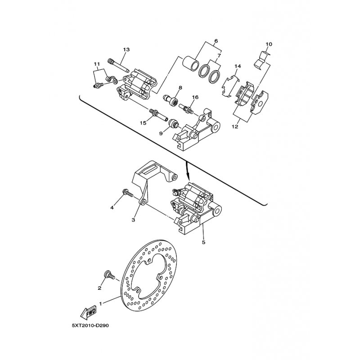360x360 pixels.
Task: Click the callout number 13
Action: [126, 49]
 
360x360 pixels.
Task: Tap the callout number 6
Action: [216, 41]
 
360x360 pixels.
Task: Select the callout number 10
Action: [269, 44]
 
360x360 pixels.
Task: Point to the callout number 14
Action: [238, 67]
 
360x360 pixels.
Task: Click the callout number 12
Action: [235, 127]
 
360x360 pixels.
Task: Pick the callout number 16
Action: [195, 97]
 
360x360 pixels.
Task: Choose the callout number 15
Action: [144, 123]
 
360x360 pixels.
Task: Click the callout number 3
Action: [133, 220]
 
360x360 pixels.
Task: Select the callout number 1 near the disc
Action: [101, 304]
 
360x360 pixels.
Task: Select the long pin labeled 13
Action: [118, 66]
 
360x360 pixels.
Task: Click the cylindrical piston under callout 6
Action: [191, 63]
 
